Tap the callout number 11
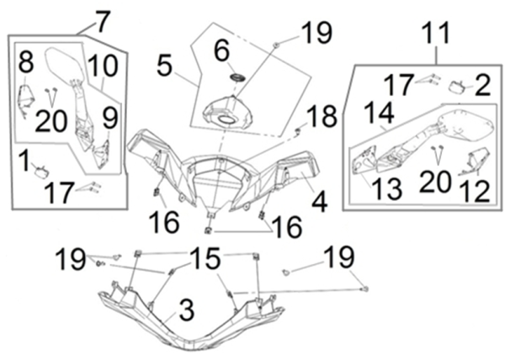click(436, 36)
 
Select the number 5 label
click(164, 65)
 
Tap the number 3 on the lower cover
click(186, 310)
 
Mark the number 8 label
click(26, 61)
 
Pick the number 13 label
click(386, 188)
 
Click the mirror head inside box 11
click(465, 124)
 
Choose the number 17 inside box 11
click(399, 84)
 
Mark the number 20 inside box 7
click(50, 119)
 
